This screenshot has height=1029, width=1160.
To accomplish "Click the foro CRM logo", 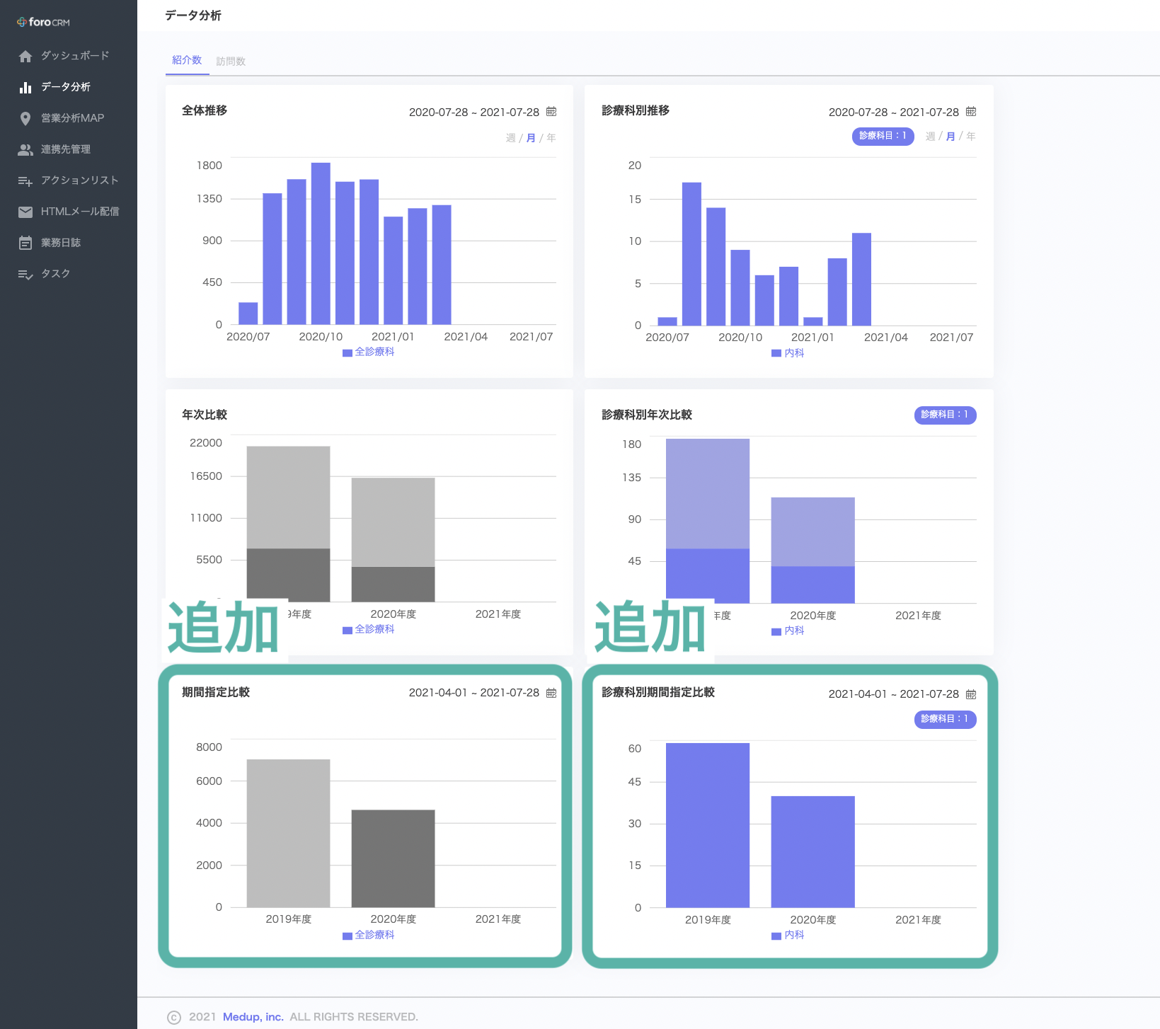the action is pos(43,22).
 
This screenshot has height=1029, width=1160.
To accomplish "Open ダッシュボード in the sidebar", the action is pos(75,55).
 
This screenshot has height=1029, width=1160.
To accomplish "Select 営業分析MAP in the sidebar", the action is pos(72,117).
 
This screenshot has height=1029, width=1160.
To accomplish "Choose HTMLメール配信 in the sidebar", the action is pos(80,211).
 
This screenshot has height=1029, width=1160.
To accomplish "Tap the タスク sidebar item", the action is pos(55,273).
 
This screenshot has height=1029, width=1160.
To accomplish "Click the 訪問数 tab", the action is pos(231,62).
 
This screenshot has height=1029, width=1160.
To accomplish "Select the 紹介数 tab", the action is pos(187,60).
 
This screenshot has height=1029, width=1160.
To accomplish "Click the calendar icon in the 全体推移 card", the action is pos(551,112).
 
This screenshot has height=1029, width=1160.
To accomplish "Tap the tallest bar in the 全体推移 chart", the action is pos(321,243).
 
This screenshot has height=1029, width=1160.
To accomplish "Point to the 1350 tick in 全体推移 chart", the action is pos(209,199).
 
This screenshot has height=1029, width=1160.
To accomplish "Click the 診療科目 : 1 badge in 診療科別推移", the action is pos(883,136).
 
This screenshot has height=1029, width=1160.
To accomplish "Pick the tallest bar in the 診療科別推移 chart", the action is pos(691,254).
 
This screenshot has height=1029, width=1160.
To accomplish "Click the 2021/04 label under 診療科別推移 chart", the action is pos(885,338).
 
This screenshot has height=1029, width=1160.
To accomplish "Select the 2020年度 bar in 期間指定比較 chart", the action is pos(393,858).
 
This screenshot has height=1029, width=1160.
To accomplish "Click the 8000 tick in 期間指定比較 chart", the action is pos(209,747).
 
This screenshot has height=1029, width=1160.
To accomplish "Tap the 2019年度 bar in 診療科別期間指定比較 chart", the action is pos(708,825).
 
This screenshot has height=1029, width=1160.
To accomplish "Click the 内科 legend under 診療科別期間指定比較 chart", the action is pos(788,935).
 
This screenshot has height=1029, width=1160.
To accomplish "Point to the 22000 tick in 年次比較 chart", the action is pos(206,443).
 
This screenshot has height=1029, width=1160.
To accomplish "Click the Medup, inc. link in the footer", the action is pos(253,1017).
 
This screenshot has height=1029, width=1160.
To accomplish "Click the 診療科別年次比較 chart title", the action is pos(647,415).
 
